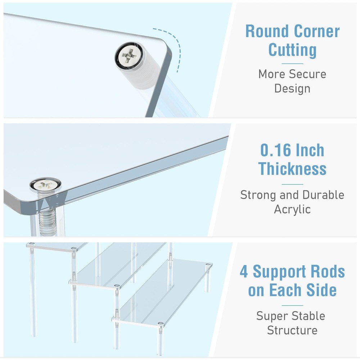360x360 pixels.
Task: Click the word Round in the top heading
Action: point(266,31)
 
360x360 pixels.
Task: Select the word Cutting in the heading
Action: point(292,50)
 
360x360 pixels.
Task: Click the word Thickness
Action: point(292,168)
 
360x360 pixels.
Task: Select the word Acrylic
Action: point(292,209)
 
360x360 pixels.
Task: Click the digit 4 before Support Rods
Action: point(244,272)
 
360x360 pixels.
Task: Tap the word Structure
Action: point(292,330)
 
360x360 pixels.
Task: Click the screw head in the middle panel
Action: point(45,185)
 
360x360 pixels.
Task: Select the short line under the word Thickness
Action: point(292,184)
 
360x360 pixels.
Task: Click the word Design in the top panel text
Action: point(292,88)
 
